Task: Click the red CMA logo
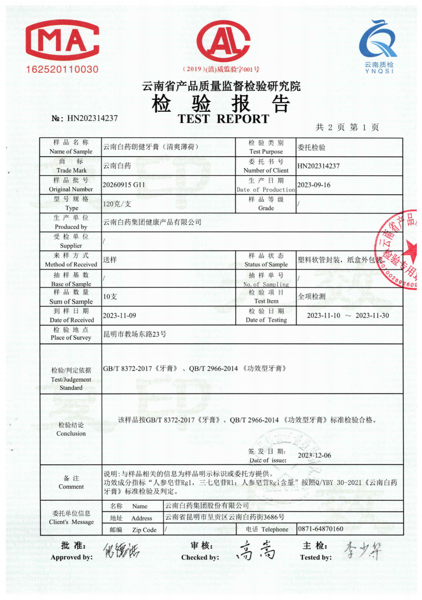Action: point(63,43)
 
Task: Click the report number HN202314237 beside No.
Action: point(92,118)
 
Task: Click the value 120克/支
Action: point(117,203)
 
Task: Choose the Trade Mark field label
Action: point(71,166)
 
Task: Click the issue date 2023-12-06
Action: point(314,456)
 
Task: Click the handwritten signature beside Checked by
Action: point(255,552)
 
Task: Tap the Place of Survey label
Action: point(71,334)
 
